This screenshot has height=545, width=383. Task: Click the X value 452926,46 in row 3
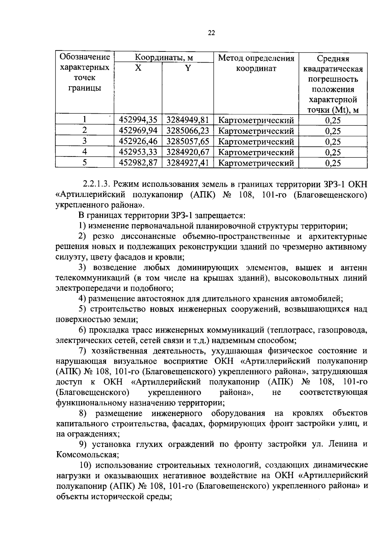pos(138,141)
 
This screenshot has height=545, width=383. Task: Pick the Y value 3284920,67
pos(187,152)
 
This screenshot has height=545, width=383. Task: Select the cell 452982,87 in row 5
pos(138,163)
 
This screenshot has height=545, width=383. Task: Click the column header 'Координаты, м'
pos(164,58)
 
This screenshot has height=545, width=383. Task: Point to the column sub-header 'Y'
pos(188,68)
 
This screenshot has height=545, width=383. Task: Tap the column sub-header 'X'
pos(138,68)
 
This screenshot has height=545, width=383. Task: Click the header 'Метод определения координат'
pos(256,63)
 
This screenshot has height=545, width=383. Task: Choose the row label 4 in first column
pos(85,152)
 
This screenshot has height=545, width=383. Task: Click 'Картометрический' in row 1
pos(256,120)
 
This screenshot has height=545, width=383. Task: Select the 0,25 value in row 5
pos(333,163)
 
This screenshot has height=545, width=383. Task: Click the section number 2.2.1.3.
pos(96,184)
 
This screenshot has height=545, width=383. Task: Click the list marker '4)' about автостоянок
pos(82,299)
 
